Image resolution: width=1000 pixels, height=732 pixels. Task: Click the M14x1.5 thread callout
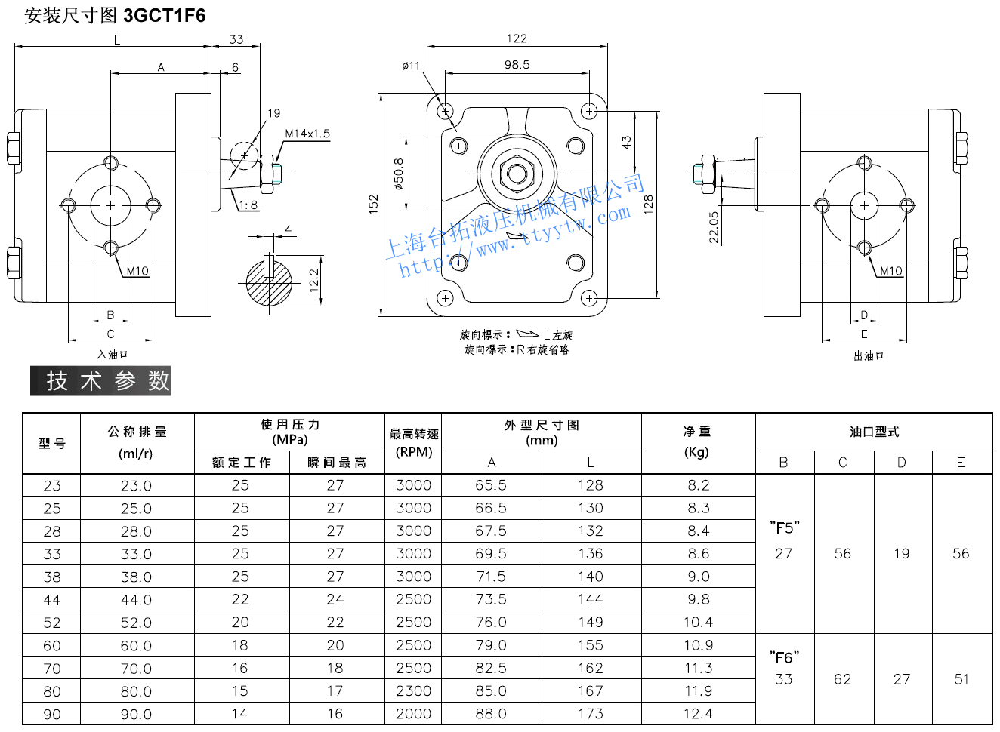coord(307,134)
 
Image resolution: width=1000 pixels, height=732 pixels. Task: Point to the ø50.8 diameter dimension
coord(399,174)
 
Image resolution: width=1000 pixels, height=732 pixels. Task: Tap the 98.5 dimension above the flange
coord(517,65)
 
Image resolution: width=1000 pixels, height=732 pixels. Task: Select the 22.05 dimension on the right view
coord(714,226)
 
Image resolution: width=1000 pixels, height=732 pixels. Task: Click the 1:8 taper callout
coord(248,205)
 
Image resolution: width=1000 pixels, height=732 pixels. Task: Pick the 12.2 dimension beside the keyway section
coord(314,280)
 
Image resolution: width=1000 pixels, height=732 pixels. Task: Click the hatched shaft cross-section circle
coord(269,282)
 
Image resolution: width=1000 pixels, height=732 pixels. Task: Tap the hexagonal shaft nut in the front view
coord(517,174)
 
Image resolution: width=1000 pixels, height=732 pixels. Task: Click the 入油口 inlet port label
coord(112,354)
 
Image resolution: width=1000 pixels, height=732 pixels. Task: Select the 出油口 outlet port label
coord(869,355)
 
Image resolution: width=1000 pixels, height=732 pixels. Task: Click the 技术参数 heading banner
coord(100,381)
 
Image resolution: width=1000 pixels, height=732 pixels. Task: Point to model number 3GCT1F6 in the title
coord(164,16)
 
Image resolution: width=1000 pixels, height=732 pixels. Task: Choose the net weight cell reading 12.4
coord(698,713)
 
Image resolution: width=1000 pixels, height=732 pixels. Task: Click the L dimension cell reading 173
coord(591,713)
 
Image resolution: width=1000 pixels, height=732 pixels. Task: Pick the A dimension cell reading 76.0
coord(491,622)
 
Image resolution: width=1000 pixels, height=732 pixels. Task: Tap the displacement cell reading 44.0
coord(136,600)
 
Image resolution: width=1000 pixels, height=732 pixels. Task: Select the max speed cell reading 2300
coord(413,690)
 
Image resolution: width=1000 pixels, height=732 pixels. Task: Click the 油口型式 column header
coord(874,432)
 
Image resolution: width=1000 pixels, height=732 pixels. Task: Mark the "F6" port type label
coord(784,657)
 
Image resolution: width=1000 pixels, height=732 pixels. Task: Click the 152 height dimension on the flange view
coord(373,204)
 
